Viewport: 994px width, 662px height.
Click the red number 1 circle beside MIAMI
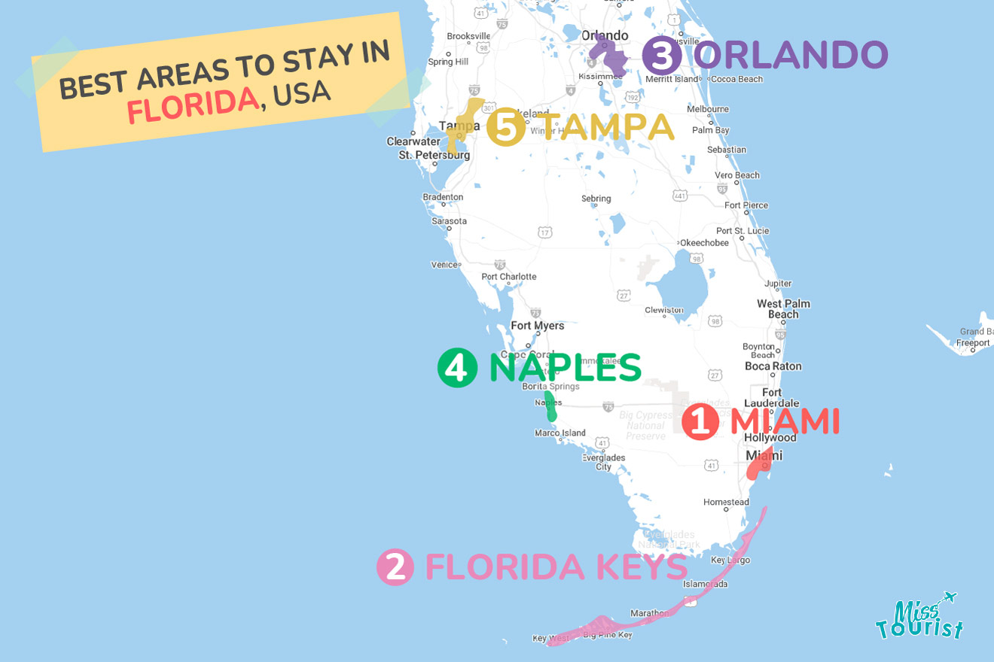700,422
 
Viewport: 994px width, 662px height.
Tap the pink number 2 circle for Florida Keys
395,567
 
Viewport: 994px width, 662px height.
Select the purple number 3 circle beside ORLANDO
662,56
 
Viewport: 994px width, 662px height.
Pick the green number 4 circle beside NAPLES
457,368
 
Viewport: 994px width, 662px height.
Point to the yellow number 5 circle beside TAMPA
505,127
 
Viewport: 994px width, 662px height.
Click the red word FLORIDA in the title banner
192,106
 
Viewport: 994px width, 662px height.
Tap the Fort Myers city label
537,326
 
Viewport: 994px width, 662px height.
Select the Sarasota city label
449,221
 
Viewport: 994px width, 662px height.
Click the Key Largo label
730,560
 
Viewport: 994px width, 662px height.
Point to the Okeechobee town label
704,243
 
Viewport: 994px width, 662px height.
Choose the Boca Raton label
773,366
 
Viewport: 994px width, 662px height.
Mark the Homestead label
726,502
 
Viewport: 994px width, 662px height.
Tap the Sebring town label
596,199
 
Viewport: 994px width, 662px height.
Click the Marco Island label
560,433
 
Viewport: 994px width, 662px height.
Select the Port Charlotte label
509,277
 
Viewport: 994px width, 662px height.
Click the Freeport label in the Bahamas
973,343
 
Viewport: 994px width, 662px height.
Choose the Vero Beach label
737,175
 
